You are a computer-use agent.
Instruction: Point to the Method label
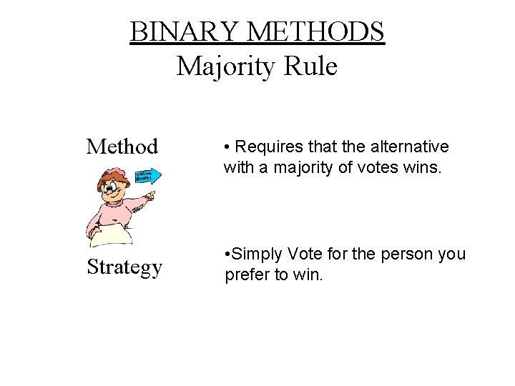click(122, 147)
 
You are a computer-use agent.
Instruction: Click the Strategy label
click(124, 267)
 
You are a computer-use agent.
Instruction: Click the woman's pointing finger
click(152, 195)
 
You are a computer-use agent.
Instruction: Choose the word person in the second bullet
click(404, 254)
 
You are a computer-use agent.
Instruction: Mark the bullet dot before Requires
click(227, 147)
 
